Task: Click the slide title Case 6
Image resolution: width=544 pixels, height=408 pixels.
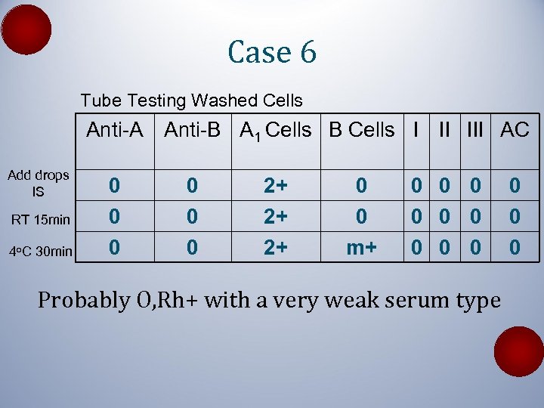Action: pyautogui.click(x=272, y=52)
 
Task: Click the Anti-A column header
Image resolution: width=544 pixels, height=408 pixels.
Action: pyautogui.click(x=114, y=130)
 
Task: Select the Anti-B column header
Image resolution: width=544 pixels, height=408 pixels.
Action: pyautogui.click(x=193, y=130)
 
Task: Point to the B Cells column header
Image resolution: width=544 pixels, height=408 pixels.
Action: pyautogui.click(x=361, y=130)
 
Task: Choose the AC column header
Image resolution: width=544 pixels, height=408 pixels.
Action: pyautogui.click(x=515, y=130)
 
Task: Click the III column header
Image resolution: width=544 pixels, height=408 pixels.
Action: pyautogui.click(x=474, y=130)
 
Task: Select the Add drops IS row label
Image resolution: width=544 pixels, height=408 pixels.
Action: pyautogui.click(x=38, y=184)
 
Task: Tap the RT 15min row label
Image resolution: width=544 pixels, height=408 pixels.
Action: pyautogui.click(x=40, y=220)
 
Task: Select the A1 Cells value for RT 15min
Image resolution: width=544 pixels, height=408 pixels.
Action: pyautogui.click(x=275, y=217)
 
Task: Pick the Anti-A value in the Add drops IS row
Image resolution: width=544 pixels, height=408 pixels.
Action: pyautogui.click(x=114, y=185)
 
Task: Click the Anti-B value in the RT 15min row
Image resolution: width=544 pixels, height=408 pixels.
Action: pyautogui.click(x=193, y=217)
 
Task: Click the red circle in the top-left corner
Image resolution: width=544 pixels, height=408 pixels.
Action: pyautogui.click(x=26, y=29)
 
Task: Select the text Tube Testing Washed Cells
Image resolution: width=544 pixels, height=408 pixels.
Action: pyautogui.click(x=191, y=100)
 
